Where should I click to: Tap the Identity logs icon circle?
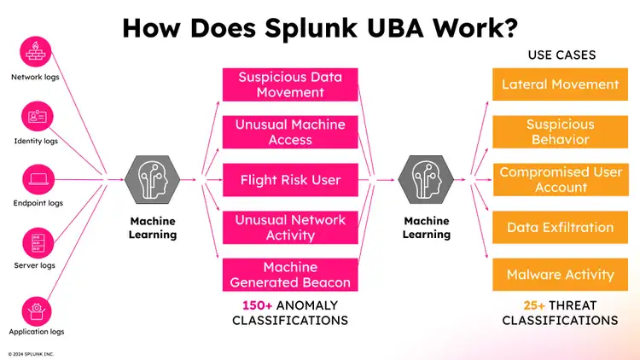tap(37, 116)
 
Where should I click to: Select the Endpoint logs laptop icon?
tap(37, 180)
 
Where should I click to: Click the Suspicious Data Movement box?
tap(290, 84)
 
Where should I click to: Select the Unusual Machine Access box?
tap(290, 132)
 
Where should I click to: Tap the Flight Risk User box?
tap(290, 180)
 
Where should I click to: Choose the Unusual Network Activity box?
tap(290, 228)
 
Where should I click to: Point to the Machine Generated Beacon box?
tap(290, 275)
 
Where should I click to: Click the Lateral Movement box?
tap(560, 84)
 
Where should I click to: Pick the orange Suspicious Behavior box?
tap(560, 132)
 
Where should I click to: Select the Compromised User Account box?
tap(560, 180)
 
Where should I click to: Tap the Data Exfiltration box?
tap(560, 228)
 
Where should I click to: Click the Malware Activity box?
tap(560, 275)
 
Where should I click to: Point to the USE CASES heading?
tap(561, 55)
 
